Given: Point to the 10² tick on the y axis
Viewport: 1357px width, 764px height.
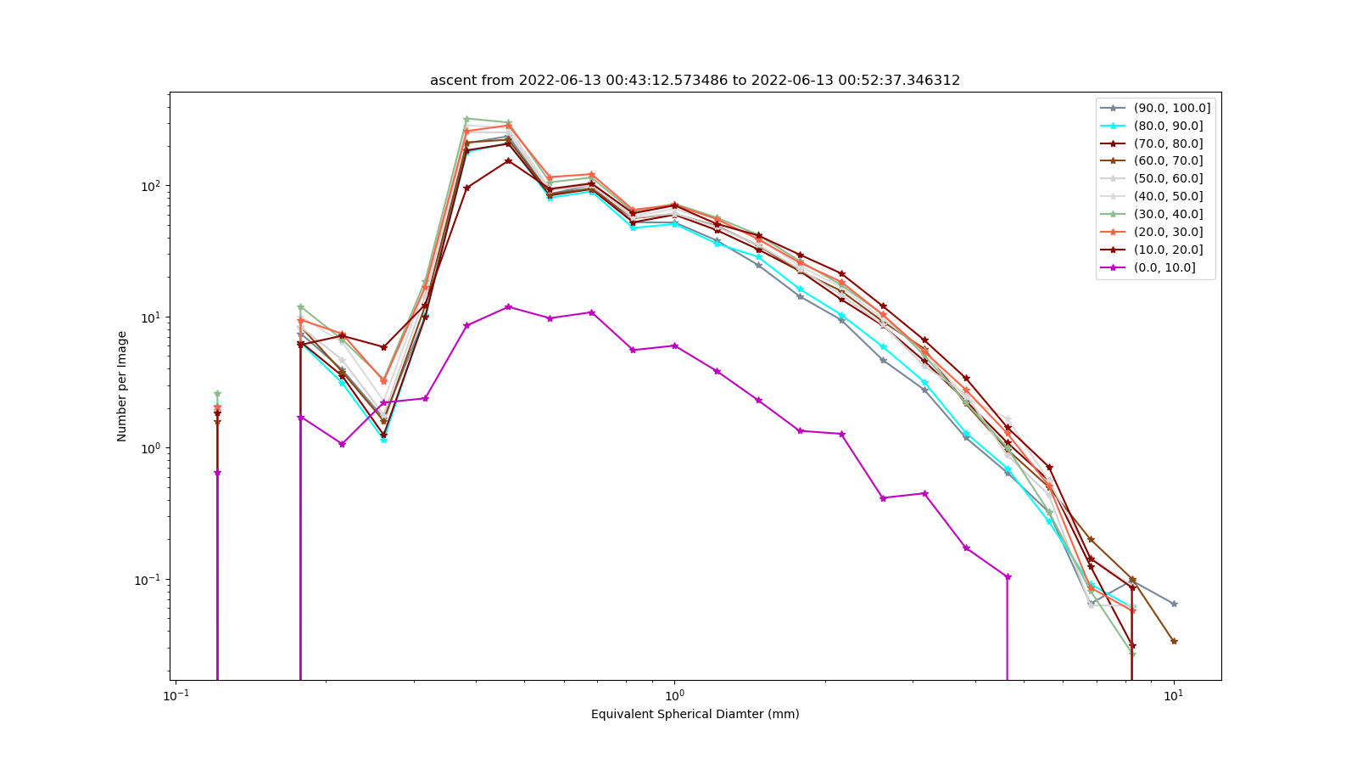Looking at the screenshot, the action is pos(168,186).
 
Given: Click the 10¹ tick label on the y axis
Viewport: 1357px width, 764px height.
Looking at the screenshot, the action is pos(151,317).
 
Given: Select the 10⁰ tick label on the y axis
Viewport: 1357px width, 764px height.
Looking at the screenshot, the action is pos(151,448).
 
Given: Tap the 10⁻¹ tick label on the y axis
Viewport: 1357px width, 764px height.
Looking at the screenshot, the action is pos(148,580).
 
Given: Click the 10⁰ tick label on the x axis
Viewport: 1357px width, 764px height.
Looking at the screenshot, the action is pos(674,695).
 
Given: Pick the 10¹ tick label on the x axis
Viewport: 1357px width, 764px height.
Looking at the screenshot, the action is pos(1174,695).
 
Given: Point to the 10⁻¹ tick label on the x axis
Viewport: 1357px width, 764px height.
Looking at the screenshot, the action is pos(176,695).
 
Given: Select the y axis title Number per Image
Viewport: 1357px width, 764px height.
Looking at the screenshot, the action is pos(122,386).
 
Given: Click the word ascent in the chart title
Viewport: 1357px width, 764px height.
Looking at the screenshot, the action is pos(451,80).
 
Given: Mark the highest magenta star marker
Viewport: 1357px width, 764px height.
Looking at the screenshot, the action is pos(508,306).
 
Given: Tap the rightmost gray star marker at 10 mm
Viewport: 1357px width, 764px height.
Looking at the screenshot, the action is pos(1174,604).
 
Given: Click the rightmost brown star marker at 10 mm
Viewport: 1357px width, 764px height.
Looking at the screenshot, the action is pos(1174,641).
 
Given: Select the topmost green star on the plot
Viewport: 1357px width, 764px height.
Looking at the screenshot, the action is pos(466,119).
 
